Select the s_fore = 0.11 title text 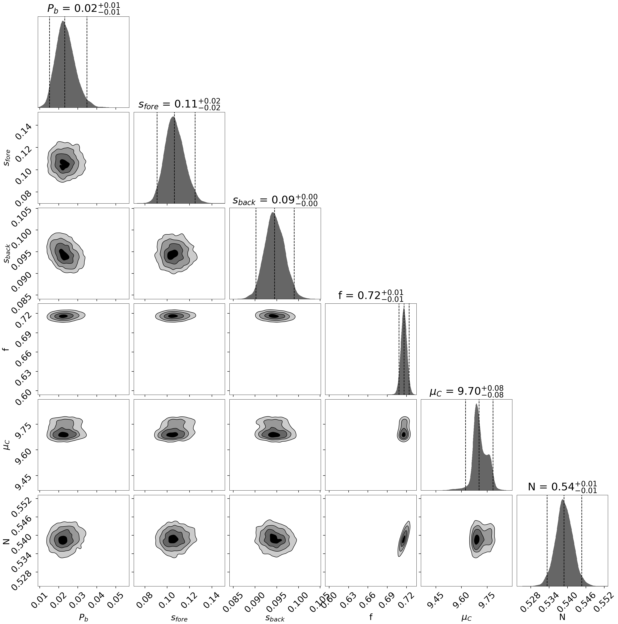179,104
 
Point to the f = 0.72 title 371,295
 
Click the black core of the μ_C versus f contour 403,434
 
